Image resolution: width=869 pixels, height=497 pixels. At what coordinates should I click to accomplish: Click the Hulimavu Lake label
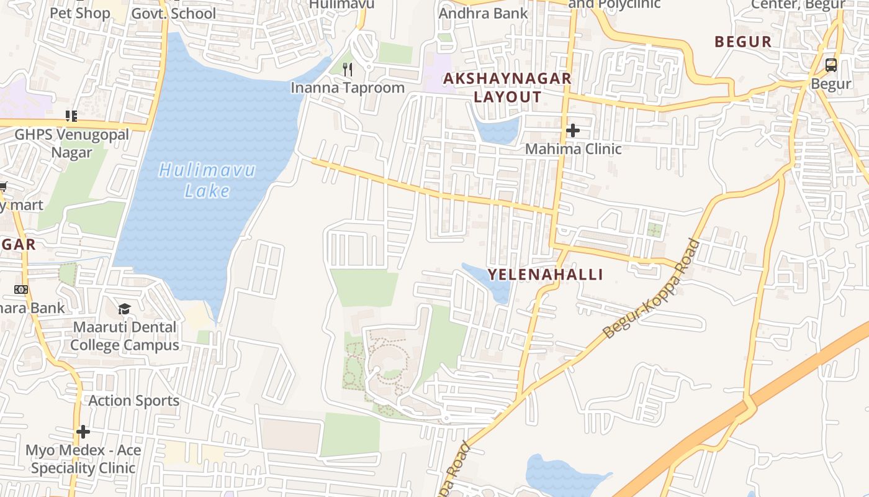coord(207,180)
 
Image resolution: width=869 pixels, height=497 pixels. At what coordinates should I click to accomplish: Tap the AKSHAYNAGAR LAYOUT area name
coord(507,88)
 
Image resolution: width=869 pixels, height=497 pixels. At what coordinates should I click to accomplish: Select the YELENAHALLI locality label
coord(545,275)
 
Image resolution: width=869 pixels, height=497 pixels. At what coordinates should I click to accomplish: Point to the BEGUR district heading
coord(743,42)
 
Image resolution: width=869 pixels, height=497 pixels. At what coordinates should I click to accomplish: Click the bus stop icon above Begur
coord(831,65)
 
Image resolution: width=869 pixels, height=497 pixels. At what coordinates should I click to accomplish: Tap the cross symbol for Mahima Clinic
coord(572,130)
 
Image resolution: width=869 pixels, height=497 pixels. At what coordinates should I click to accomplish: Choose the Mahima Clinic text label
coord(573,149)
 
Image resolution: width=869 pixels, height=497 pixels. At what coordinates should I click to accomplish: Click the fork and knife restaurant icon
coord(348,69)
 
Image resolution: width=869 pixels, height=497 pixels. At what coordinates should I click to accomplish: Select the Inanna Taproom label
coord(348,88)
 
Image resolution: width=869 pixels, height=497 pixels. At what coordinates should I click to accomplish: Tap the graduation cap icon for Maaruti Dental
coord(125,309)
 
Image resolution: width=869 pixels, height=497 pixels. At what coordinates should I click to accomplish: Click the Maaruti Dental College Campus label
coord(125,335)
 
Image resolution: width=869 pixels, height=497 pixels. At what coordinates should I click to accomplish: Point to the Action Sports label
coord(133,401)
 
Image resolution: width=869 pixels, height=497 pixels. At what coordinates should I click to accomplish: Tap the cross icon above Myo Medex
coord(83,431)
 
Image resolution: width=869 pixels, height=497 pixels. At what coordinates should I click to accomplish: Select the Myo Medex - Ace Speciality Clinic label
coord(83,458)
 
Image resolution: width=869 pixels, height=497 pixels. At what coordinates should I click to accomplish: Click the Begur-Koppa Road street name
coord(651,290)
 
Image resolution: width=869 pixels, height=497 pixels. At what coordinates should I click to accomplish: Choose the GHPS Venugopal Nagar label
coord(72,144)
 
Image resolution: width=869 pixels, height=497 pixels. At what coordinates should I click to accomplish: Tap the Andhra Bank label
coord(483,13)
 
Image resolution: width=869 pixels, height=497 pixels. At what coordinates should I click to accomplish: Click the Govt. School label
coord(174,13)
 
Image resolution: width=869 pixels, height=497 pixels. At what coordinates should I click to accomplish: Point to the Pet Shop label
coord(79,13)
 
